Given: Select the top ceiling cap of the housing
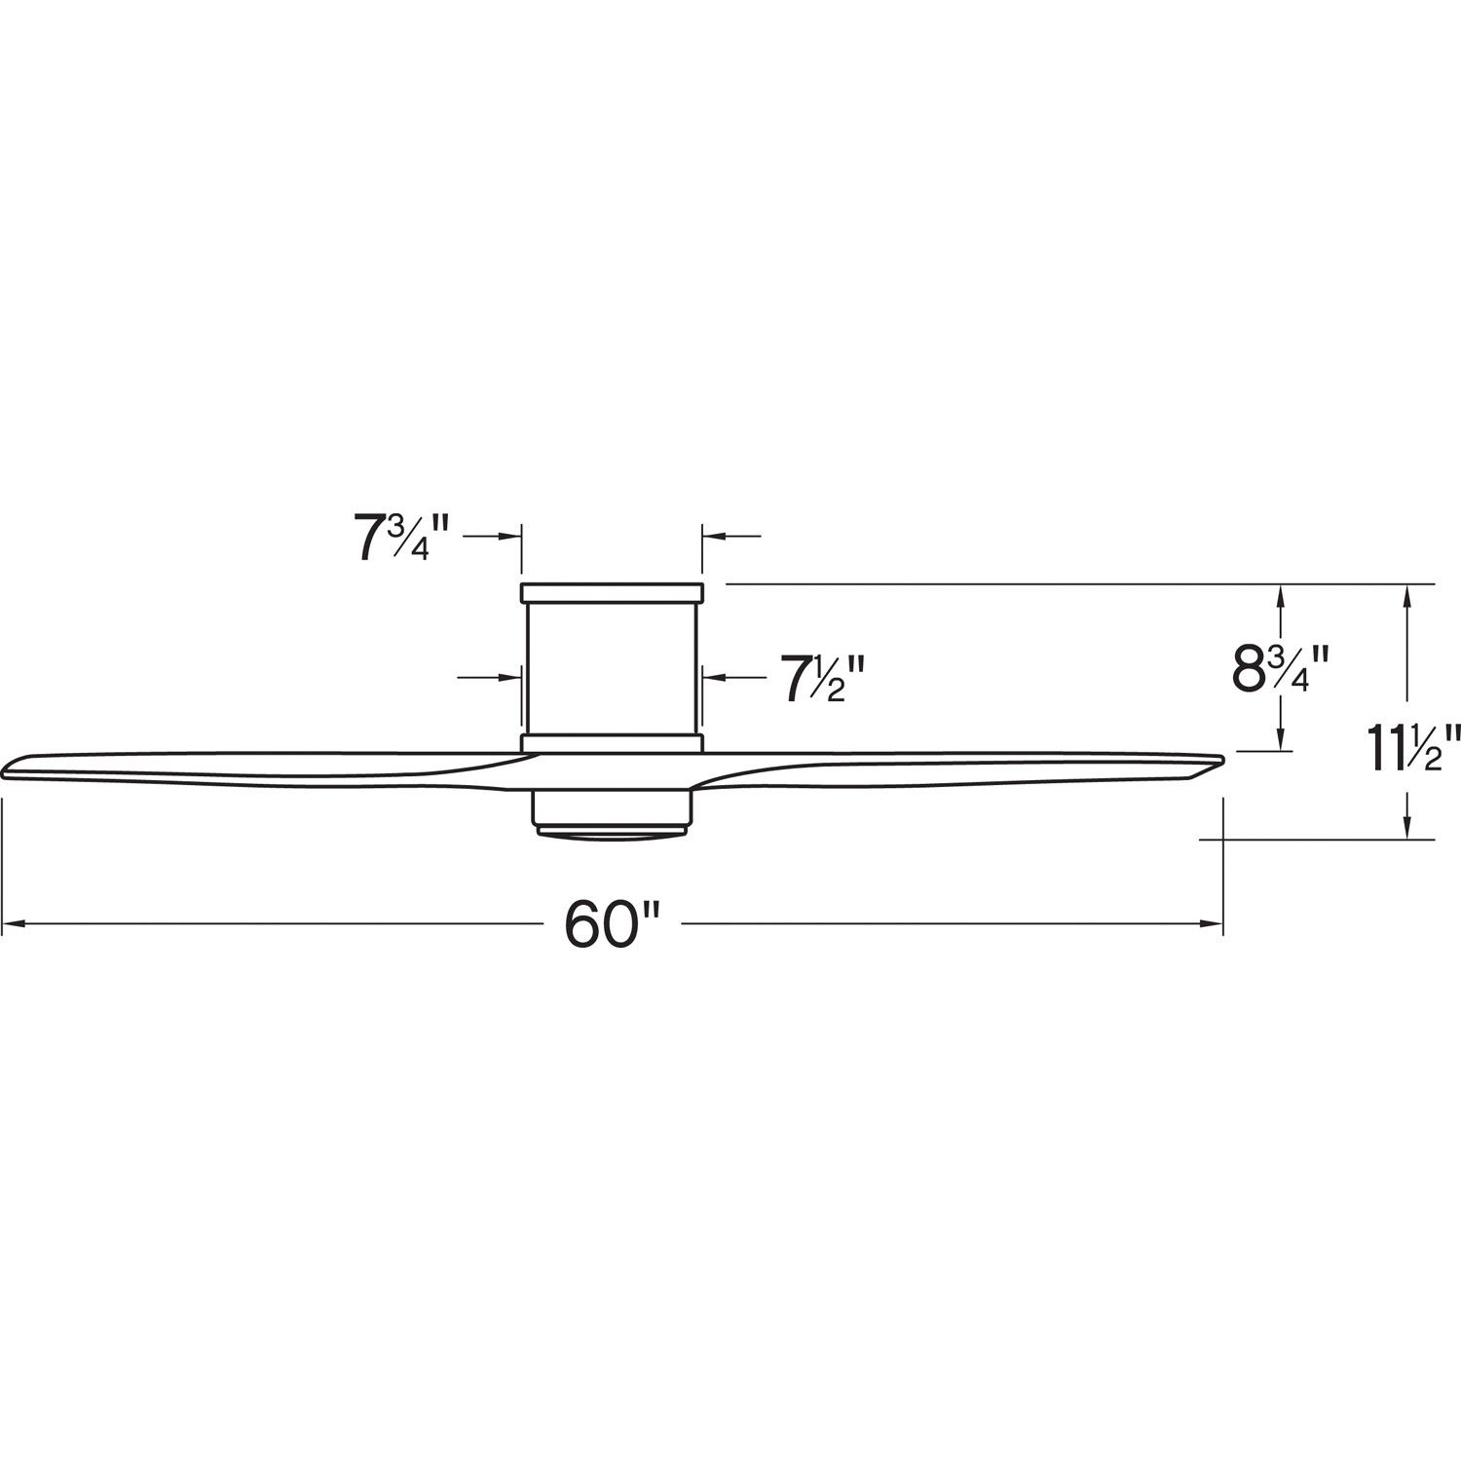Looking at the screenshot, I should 612,592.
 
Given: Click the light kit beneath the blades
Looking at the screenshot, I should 612,808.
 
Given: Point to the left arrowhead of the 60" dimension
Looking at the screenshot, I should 14,924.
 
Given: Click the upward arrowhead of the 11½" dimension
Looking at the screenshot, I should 1406,593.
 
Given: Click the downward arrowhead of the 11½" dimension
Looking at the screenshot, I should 1406,828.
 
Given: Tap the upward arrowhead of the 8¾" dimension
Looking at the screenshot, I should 1281,593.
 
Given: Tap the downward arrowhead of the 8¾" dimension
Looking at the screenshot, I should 1281,741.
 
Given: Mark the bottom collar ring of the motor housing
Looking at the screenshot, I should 612,743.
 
